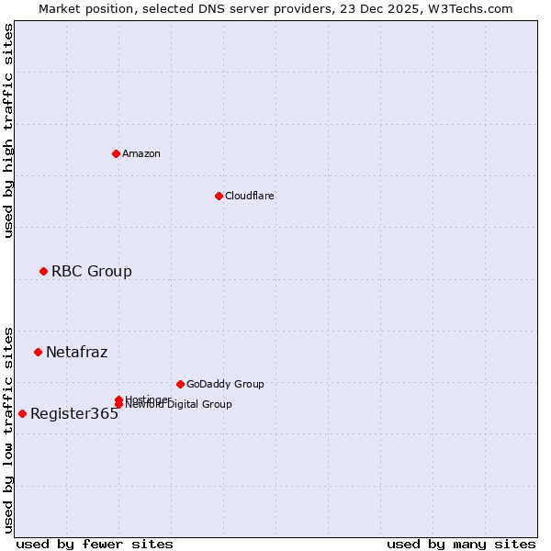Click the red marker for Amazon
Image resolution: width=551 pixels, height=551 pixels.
tap(116, 153)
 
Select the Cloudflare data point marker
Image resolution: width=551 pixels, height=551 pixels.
tap(219, 196)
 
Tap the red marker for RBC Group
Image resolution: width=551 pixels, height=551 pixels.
tap(43, 271)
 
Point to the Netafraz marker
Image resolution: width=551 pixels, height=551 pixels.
tap(38, 352)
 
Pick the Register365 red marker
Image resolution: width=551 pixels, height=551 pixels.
tap(22, 413)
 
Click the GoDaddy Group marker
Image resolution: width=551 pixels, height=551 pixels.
tap(180, 384)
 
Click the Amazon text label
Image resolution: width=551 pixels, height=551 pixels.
tap(141, 153)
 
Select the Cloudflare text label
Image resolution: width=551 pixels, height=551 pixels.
tap(250, 196)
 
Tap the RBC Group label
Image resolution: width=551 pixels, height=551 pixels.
tap(92, 271)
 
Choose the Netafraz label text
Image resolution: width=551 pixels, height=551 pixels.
tap(77, 352)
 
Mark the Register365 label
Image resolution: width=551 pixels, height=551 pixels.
tap(74, 413)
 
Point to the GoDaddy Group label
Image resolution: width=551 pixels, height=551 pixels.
tap(225, 384)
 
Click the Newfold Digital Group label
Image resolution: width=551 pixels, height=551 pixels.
tap(180, 405)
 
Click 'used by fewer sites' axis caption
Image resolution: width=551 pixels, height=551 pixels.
tap(95, 544)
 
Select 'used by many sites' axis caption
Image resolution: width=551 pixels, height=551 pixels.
tap(461, 544)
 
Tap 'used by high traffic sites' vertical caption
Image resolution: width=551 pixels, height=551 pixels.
tap(8, 130)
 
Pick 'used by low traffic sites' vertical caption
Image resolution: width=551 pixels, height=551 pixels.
tap(8, 429)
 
